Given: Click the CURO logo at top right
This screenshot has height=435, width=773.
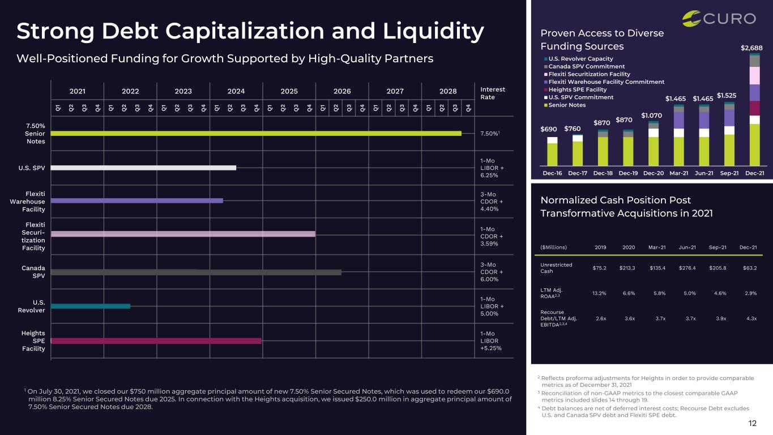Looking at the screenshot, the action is [719, 19].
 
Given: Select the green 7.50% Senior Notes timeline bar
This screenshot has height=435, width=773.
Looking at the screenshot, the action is [256, 134].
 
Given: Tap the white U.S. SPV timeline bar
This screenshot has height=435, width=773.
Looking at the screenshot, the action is [144, 168].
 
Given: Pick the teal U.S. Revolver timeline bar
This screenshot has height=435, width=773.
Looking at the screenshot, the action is [91, 306].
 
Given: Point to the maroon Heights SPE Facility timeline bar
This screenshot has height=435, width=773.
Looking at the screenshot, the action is [156, 341].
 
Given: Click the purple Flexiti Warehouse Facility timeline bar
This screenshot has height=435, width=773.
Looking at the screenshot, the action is [137, 201].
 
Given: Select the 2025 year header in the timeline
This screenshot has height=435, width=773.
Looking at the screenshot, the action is [289, 91].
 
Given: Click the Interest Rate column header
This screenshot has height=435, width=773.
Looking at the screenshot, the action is [493, 93].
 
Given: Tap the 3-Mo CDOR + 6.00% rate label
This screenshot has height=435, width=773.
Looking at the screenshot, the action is [492, 272].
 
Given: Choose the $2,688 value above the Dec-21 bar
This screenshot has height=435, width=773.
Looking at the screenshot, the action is [751, 48].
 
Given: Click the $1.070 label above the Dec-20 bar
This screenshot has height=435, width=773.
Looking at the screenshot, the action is [651, 116].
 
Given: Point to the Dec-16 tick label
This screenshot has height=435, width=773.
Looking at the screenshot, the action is [552, 173].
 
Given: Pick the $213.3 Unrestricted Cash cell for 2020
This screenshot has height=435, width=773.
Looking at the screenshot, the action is [627, 268].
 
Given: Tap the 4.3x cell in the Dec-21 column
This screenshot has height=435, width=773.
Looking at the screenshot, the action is [751, 318].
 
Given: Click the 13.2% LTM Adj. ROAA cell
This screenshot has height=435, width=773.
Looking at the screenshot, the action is [599, 293].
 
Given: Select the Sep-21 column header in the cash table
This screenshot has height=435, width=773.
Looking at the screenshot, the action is [718, 247].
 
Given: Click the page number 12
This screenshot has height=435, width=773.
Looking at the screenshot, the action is [752, 423].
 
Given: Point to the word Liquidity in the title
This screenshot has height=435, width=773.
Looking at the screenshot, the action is [433, 32].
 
